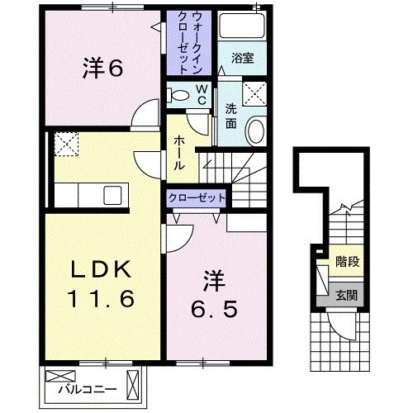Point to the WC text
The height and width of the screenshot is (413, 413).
point(201,93)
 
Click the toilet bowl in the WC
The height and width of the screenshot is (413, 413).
point(176,93)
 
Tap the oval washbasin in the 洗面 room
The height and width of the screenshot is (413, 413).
point(256,131)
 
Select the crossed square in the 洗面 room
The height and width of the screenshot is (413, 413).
point(253,92)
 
